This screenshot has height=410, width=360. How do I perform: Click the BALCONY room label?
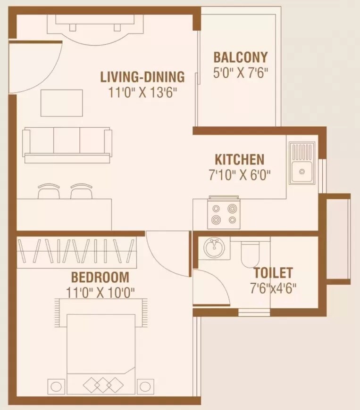pos(240,57)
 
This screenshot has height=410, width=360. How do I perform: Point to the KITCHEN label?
pos(239,159)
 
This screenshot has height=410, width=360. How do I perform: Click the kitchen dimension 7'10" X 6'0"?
pos(239,175)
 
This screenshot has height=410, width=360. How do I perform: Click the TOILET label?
pos(273,273)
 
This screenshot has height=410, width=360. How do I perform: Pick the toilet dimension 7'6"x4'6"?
pos(273,288)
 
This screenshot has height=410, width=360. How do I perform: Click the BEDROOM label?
pos(100,277)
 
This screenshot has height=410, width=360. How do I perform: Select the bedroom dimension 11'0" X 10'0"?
pos(100,292)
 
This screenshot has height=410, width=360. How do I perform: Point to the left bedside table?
pos(56,386)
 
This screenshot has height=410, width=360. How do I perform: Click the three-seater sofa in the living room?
pos(67,145)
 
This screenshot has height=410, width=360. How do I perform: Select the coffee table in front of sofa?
pos(61,102)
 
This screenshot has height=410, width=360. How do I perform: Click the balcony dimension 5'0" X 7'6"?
pos(240,74)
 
